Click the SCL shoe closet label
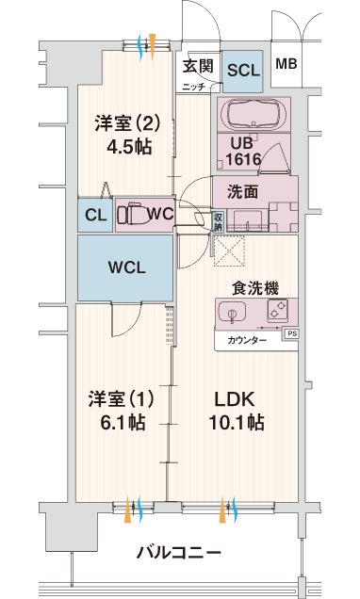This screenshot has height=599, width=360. pyautogui.click(x=243, y=70)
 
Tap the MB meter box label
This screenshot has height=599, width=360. pyautogui.click(x=286, y=63)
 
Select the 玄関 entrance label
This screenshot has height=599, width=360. pyautogui.click(x=198, y=66)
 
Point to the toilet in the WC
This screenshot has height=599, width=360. pyautogui.click(x=129, y=215)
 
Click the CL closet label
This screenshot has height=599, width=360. pyautogui.click(x=95, y=215)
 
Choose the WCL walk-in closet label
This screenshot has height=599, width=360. pyautogui.click(x=127, y=267)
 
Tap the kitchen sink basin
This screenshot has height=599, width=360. pyautogui.click(x=232, y=314)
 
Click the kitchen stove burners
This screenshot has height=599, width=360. pyautogui.click(x=277, y=310)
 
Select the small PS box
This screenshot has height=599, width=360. pyautogui.click(x=291, y=333)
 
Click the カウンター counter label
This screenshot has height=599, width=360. pyautogui.click(x=247, y=340)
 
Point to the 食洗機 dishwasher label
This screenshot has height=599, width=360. pyautogui.click(x=255, y=288)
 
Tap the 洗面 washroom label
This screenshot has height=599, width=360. pyautogui.click(x=242, y=192)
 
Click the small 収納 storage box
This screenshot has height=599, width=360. pyautogui.click(x=218, y=222)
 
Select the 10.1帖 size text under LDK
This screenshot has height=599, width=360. pyautogui.click(x=237, y=422)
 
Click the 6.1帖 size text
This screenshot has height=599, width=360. pyautogui.click(x=123, y=422)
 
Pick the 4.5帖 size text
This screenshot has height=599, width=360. pyautogui.click(x=129, y=146)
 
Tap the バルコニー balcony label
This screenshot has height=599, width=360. pyautogui.click(x=179, y=553)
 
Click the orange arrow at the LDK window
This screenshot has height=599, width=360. pyautogui.click(x=222, y=510)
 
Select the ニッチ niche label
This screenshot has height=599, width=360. pyautogui.click(x=194, y=87)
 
